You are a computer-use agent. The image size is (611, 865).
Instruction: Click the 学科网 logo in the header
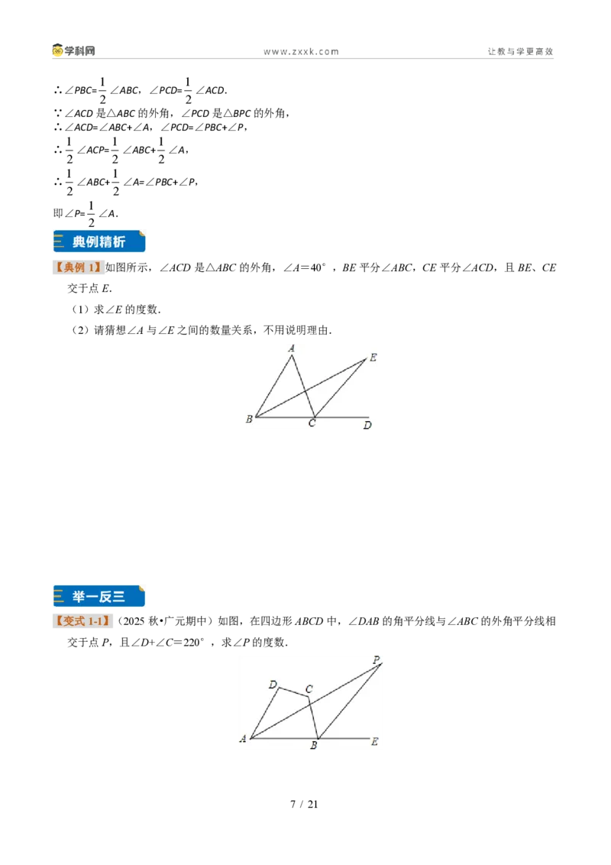(x=74, y=50)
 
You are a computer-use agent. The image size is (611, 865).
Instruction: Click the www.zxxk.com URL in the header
(x=301, y=52)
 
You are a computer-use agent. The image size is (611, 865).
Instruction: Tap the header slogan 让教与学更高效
(x=520, y=51)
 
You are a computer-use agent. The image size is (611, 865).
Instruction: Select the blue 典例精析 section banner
(x=99, y=241)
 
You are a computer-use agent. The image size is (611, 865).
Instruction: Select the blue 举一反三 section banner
(x=99, y=596)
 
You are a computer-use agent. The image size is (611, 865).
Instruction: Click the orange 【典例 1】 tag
(x=78, y=267)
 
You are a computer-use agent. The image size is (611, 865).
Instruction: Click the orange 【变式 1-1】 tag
(x=82, y=621)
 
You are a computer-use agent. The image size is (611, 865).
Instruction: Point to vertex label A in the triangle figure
(x=292, y=348)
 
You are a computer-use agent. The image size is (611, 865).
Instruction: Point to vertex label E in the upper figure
(x=373, y=358)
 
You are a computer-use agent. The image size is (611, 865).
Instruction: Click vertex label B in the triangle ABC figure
(x=249, y=420)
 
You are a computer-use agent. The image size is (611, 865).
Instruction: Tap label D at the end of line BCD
(x=367, y=426)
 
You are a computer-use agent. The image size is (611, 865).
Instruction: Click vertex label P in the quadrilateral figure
(x=377, y=659)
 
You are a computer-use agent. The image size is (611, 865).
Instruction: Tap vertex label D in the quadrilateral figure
(x=273, y=685)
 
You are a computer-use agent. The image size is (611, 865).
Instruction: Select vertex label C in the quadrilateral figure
(x=309, y=689)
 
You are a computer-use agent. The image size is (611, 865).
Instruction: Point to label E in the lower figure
(x=374, y=742)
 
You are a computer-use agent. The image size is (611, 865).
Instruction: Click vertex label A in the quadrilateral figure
(x=243, y=739)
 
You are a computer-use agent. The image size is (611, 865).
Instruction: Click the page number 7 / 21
(x=305, y=805)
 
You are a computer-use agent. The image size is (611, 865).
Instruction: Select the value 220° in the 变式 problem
(x=192, y=642)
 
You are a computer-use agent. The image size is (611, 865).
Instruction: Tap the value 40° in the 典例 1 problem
(x=318, y=267)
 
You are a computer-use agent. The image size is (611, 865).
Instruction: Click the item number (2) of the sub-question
(x=80, y=330)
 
